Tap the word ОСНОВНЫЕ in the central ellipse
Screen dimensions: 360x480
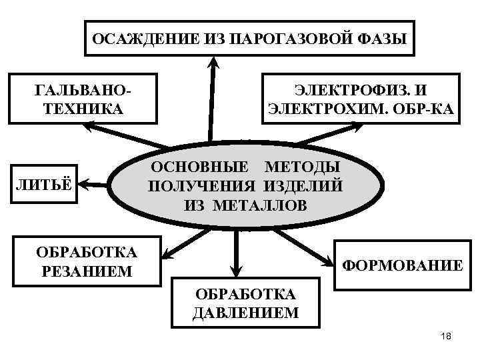tap(200, 167)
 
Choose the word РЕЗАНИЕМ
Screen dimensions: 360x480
tap(86, 271)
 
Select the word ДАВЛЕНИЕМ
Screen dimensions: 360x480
tap(245, 313)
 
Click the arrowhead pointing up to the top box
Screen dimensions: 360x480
tap(213, 62)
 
